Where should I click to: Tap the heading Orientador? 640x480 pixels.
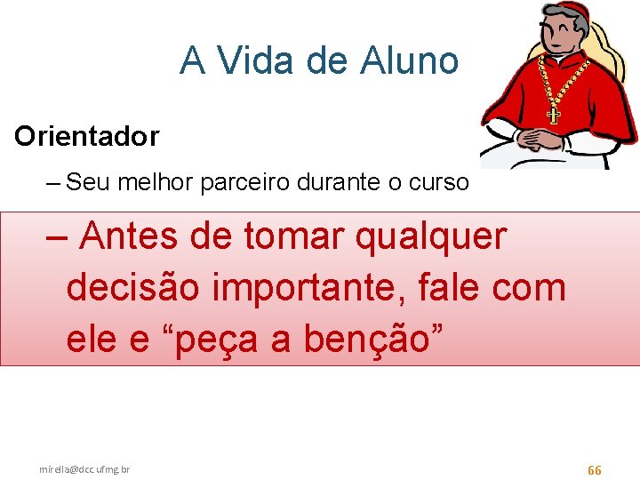pyautogui.click(x=86, y=136)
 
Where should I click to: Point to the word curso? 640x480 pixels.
pyautogui.click(x=438, y=182)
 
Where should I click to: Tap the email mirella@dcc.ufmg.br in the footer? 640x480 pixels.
pyautogui.click(x=84, y=468)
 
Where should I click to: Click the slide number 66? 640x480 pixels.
pyautogui.click(x=595, y=469)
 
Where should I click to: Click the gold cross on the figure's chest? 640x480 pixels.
pyautogui.click(x=553, y=114)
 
